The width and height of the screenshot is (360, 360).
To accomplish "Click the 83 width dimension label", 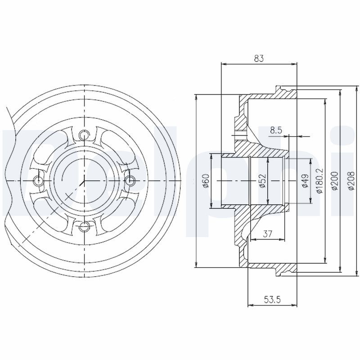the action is pyautogui.click(x=259, y=58).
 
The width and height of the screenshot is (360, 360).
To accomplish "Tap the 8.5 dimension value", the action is pyautogui.click(x=276, y=130).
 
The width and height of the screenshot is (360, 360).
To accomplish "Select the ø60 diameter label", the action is pyautogui.click(x=207, y=181).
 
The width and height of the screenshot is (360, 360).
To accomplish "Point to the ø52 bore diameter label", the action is pyautogui.click(x=263, y=181).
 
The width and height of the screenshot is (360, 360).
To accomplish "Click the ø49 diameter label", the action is pyautogui.click(x=305, y=181).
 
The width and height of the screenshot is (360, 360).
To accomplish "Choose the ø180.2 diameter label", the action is pyautogui.click(x=319, y=181).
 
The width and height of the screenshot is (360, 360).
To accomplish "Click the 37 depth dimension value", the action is pyautogui.click(x=268, y=234).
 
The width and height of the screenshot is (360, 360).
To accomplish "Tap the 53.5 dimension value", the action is pyautogui.click(x=272, y=299).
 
